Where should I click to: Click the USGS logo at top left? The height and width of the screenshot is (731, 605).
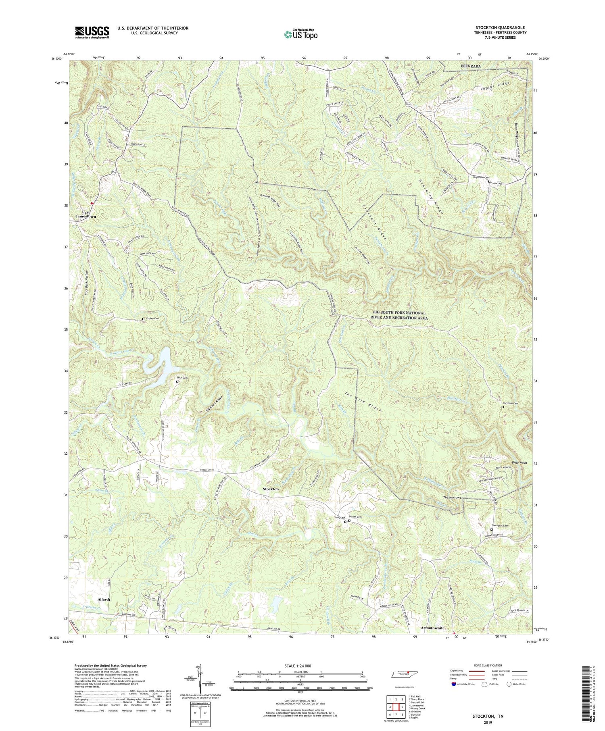point(92,32)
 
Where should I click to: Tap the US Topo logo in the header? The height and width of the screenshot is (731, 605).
point(300,34)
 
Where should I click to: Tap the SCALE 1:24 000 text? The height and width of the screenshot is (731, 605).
point(302,666)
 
